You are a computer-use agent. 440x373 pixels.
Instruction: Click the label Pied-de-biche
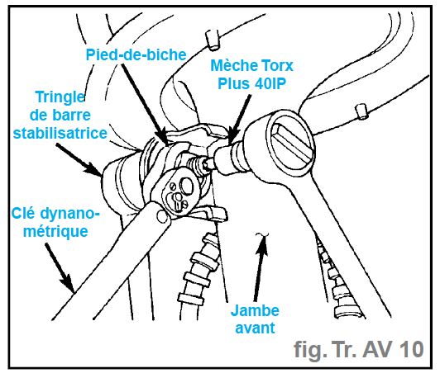(x=136, y=54)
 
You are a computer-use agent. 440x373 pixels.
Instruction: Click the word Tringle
(x=60, y=97)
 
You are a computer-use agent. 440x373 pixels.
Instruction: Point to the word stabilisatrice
(x=60, y=133)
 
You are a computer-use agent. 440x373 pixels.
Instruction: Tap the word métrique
(x=55, y=232)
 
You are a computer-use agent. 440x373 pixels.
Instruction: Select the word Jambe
(x=255, y=310)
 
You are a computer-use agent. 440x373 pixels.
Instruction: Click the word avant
(x=255, y=328)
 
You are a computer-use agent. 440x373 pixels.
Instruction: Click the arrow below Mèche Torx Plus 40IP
(x=239, y=119)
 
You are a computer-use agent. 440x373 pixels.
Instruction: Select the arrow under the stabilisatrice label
(x=79, y=160)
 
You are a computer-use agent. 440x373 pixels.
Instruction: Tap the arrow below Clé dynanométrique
(x=60, y=267)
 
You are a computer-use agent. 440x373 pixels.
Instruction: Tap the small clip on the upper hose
(x=212, y=40)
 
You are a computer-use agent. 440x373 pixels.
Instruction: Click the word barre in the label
(x=74, y=116)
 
